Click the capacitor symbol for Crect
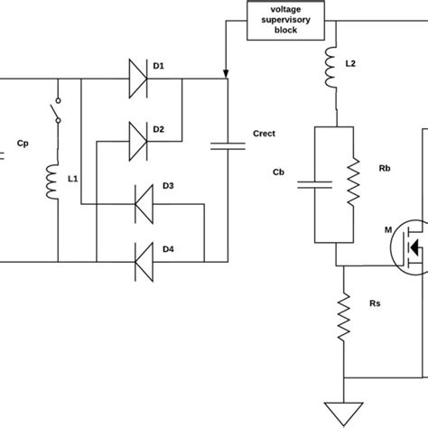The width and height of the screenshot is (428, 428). (227, 142)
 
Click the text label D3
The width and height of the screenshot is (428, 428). (170, 186)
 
